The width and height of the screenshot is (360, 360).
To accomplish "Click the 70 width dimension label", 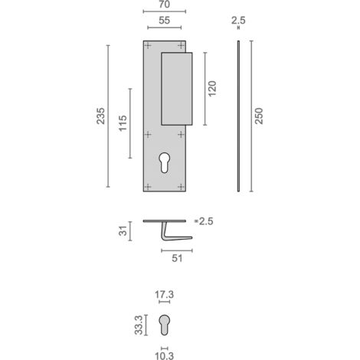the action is pyautogui.click(x=164, y=5).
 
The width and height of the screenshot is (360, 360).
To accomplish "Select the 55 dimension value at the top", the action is pyautogui.click(x=164, y=21).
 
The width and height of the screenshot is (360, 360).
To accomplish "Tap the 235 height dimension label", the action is pyautogui.click(x=101, y=116).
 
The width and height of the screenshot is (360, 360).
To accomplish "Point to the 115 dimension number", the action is pyautogui.click(x=123, y=123).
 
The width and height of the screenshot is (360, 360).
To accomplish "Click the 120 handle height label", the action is pyautogui.click(x=212, y=89).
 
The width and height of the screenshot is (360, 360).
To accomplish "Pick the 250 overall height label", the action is pyautogui.click(x=259, y=116).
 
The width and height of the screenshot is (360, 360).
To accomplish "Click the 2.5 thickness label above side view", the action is pyautogui.click(x=238, y=21).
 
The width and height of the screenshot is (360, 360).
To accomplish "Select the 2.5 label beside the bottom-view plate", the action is pyautogui.click(x=206, y=221).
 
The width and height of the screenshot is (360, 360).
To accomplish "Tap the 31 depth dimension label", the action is pyautogui.click(x=123, y=231).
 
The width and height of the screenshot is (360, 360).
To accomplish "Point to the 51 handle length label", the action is pyautogui.click(x=177, y=258).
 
